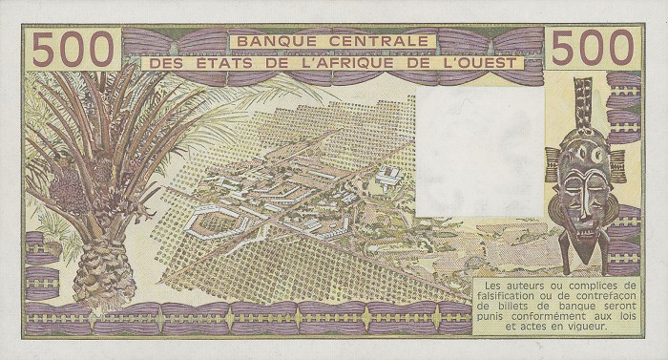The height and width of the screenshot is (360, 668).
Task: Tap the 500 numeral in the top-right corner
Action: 593,47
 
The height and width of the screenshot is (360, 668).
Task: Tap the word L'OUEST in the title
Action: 480,63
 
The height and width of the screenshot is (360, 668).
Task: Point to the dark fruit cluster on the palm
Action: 69,190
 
